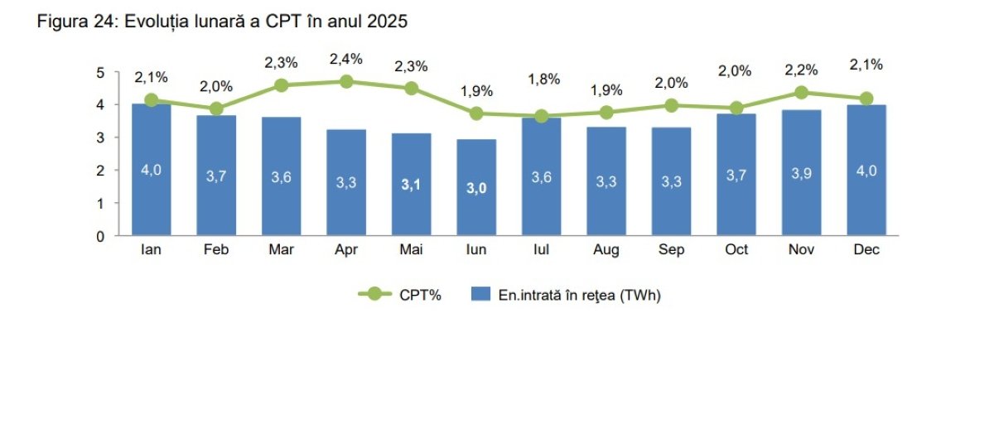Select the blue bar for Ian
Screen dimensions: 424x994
(151, 170)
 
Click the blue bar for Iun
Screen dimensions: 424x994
(476, 188)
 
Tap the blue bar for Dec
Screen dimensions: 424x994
(866, 170)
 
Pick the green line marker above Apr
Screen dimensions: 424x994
(346, 81)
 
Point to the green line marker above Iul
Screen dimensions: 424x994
(542, 116)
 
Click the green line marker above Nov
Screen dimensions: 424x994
(802, 93)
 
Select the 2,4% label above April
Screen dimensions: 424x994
(346, 60)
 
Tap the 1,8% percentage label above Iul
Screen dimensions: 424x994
(543, 79)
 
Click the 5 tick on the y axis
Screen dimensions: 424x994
(100, 72)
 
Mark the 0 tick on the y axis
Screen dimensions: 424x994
(100, 236)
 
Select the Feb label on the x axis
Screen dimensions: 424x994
(216, 250)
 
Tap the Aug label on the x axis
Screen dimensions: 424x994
(606, 250)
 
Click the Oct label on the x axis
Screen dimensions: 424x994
(736, 250)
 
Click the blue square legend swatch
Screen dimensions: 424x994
(481, 294)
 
